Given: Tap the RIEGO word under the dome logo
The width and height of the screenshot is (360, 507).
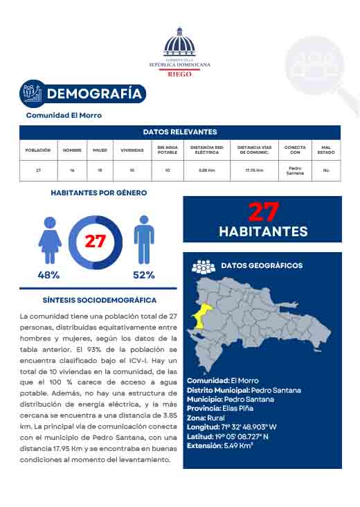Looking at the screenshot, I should pos(179,72).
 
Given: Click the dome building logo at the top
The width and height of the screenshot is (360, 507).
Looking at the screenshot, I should pos(179,43).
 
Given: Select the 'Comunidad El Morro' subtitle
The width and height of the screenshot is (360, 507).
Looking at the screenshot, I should pos(64,115).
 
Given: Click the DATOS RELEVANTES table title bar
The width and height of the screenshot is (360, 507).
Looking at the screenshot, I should pos(180,132).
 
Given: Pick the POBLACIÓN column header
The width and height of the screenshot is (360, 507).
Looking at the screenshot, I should pos(38,150).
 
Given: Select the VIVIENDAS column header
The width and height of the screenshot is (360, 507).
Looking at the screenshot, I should pos(132,150).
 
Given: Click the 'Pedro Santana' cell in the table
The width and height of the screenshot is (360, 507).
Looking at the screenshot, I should pos(295,170).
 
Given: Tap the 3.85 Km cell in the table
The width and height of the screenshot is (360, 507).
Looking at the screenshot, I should pos(206,170).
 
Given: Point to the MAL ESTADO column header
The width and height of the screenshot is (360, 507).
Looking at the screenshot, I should pos(326,150).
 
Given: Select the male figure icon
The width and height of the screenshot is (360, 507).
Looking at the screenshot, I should pos(143,239).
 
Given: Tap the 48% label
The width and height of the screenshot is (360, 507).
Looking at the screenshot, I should pos(48,275).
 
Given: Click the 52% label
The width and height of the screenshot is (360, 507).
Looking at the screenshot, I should pos(143,275).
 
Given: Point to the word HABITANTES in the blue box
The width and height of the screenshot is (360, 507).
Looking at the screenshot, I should pos(263,231).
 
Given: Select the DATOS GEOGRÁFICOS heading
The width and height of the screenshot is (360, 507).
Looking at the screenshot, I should pos(261,265).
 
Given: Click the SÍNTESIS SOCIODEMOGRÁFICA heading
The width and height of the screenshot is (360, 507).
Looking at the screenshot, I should pos(99,300).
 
